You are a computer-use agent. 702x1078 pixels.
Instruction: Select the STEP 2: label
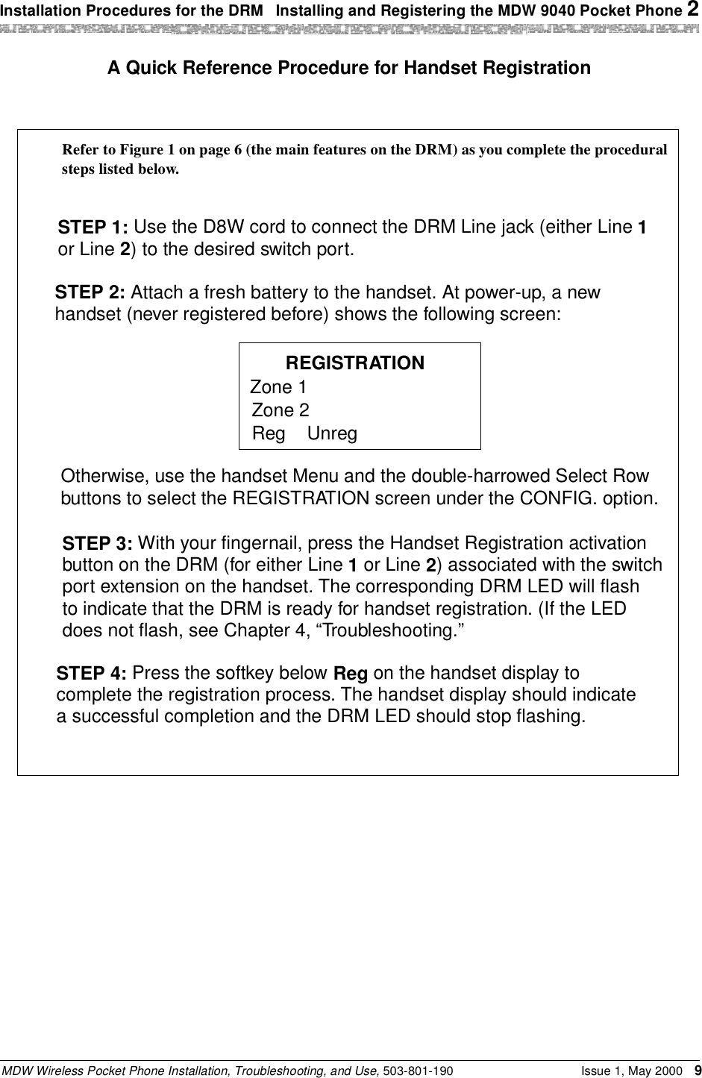[x=92, y=292]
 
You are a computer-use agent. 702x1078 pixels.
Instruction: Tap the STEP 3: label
[x=98, y=543]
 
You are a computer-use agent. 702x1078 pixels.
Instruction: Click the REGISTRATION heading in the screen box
[x=355, y=363]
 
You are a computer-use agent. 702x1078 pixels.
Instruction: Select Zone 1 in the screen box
[x=278, y=387]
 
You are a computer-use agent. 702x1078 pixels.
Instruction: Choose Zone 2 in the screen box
[x=281, y=410]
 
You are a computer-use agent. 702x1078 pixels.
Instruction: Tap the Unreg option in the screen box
[x=332, y=433]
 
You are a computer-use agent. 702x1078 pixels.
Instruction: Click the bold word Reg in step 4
[x=350, y=674]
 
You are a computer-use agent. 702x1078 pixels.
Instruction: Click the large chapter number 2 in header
[x=694, y=9]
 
